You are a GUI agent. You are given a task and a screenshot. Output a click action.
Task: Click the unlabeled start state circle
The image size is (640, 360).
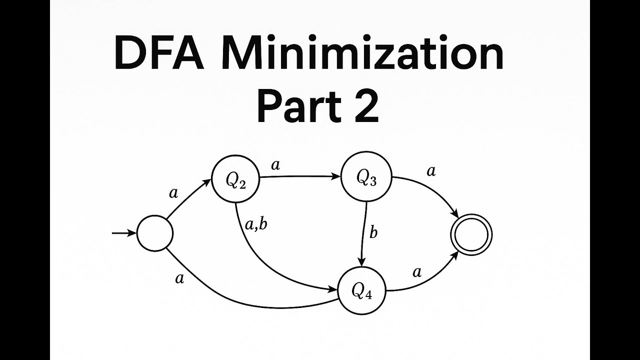(x=154, y=233)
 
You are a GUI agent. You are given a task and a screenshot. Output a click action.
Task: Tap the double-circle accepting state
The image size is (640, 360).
(x=471, y=234)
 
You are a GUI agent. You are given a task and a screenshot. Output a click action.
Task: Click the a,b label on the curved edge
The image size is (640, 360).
(x=256, y=225)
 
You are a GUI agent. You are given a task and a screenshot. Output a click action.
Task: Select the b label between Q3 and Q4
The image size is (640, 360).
(x=373, y=233)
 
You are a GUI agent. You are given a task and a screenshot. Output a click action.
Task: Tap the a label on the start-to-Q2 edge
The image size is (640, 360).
(x=173, y=193)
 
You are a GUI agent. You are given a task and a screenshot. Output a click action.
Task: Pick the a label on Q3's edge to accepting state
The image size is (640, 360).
(x=430, y=171)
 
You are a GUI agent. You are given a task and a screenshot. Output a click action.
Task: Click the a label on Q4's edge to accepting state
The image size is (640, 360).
(x=416, y=272)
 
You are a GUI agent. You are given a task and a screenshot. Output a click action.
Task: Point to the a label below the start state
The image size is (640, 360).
(x=179, y=278)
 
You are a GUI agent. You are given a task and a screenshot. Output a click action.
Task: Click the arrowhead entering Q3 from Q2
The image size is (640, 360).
(x=336, y=176)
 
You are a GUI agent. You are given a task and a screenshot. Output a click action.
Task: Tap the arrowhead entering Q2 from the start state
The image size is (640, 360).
(x=209, y=183)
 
